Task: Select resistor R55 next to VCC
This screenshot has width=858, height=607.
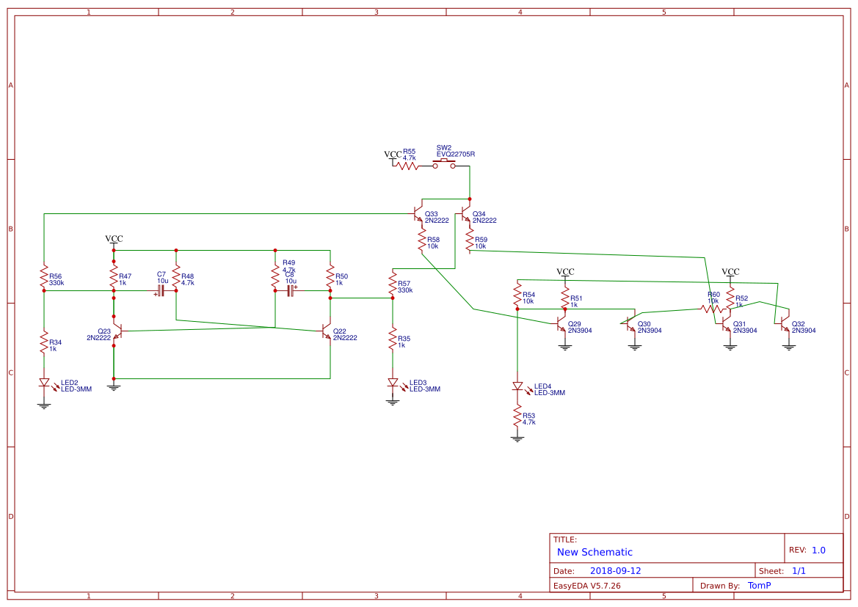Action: (408, 166)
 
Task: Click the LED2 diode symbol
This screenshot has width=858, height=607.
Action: (44, 383)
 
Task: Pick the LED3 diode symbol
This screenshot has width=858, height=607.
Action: (393, 383)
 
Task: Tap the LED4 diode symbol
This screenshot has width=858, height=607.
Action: (517, 386)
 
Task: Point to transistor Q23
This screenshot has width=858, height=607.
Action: (117, 332)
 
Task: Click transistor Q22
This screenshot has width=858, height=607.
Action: (327, 332)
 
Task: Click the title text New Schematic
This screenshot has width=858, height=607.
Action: (595, 552)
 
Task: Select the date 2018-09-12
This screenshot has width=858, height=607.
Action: (615, 571)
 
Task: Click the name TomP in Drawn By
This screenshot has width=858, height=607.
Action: (759, 586)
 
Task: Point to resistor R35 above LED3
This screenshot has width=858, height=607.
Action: (393, 341)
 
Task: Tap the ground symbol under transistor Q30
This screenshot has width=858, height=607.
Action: (635, 347)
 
